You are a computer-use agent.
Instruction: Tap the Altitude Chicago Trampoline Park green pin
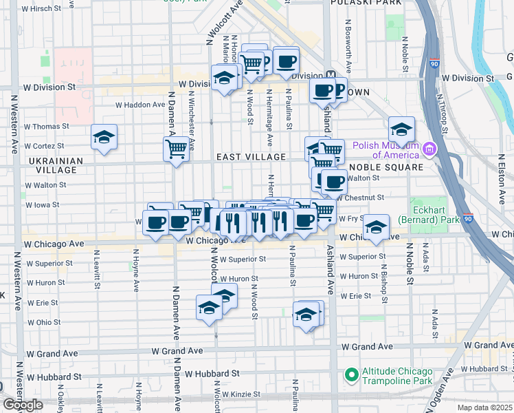click(352, 375)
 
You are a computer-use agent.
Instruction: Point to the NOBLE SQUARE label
click(385, 167)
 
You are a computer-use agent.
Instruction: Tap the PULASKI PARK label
click(366, 3)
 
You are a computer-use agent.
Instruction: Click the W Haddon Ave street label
click(140, 105)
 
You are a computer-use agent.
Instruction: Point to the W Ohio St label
click(44, 322)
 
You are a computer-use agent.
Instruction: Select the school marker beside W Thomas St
click(104, 137)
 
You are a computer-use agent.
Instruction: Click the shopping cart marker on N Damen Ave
click(176, 147)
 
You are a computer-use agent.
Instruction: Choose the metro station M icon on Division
click(331, 75)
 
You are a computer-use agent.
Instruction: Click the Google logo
click(23, 405)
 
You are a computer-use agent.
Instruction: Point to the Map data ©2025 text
click(484, 407)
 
